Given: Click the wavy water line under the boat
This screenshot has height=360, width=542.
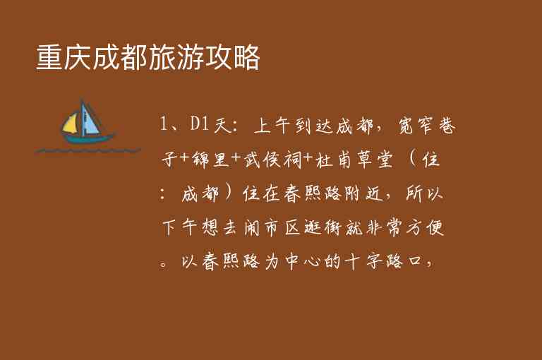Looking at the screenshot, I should tap(78, 150).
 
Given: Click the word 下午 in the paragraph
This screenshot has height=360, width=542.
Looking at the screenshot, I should tap(182, 228).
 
